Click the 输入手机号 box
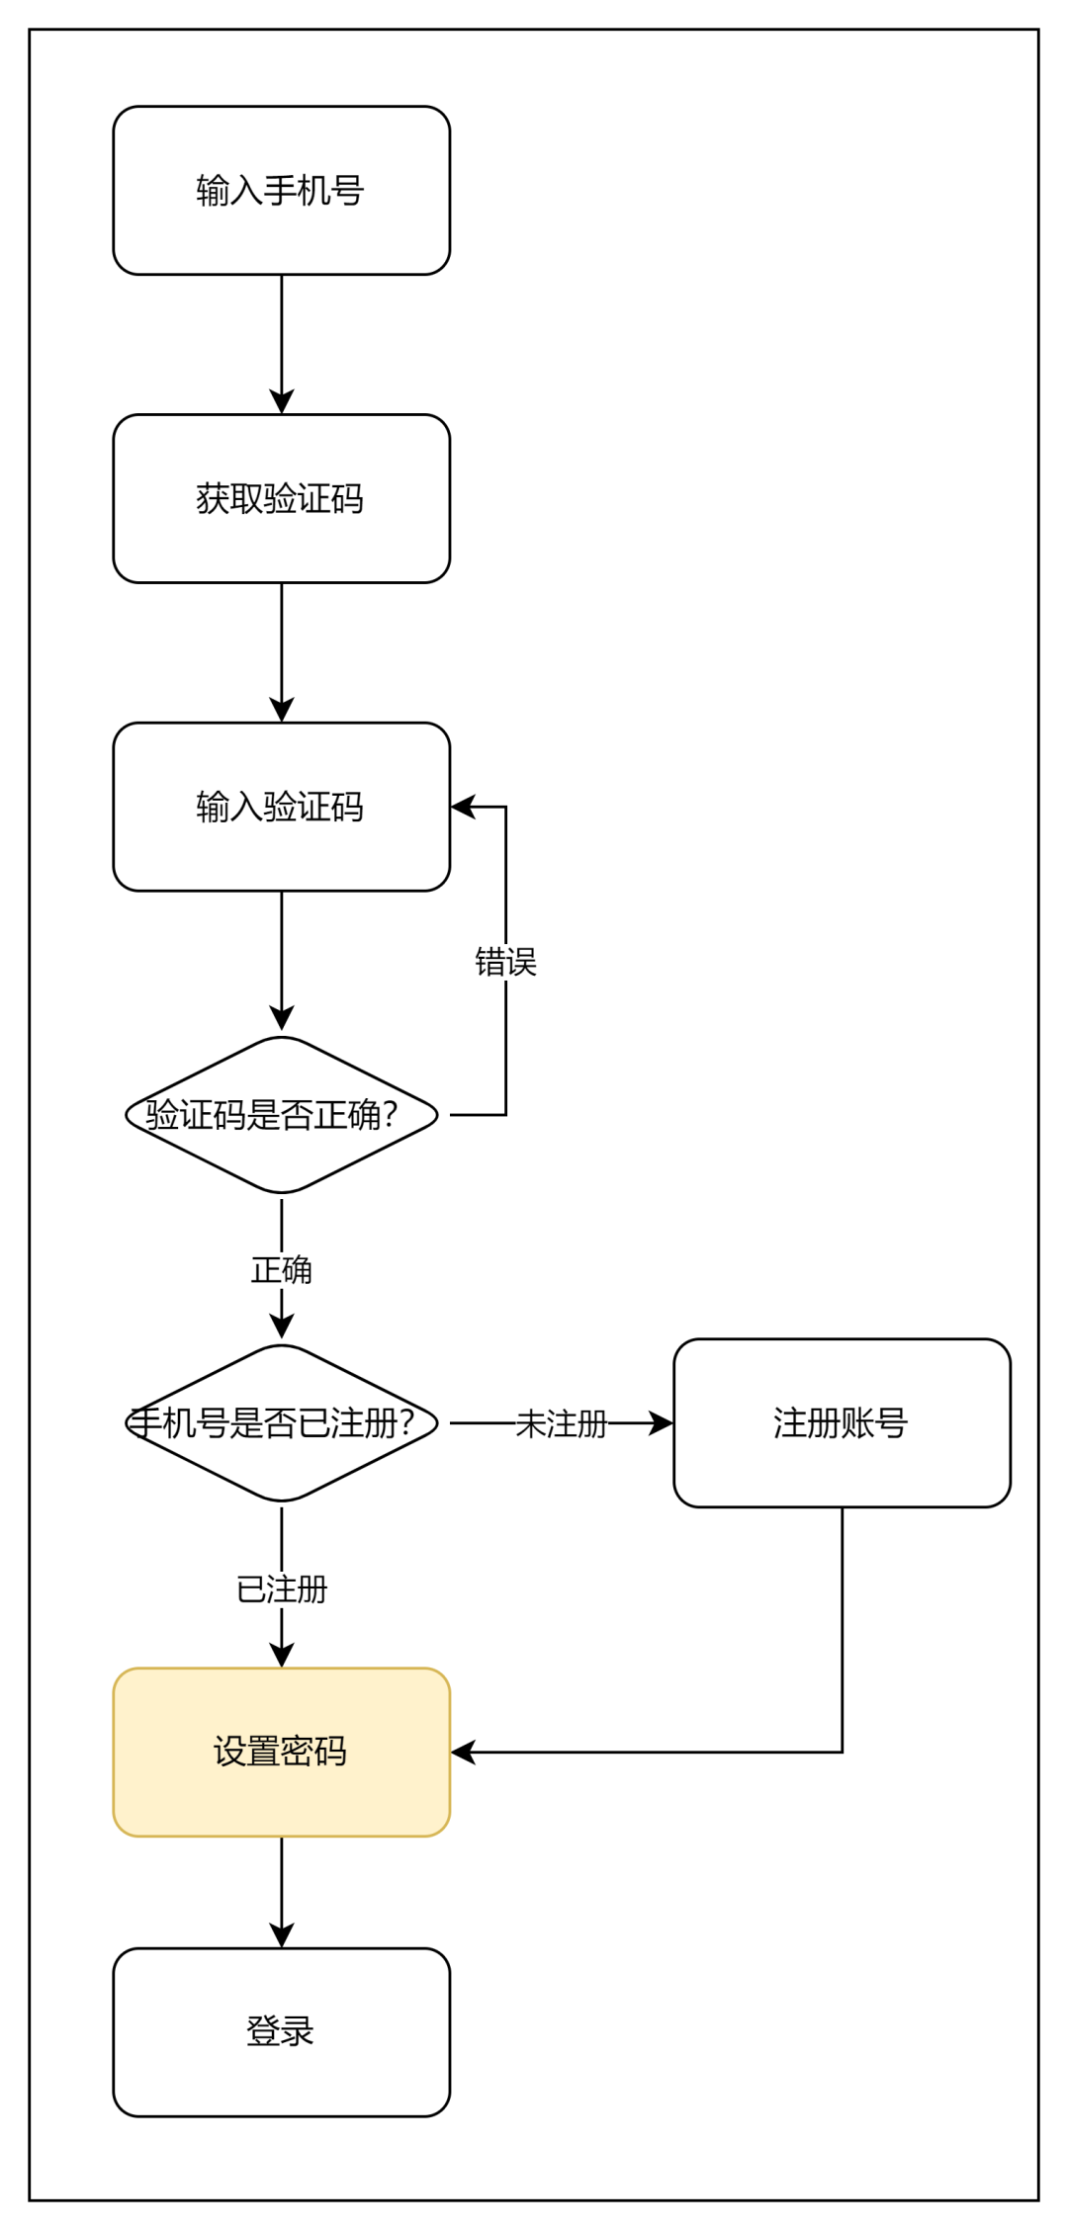[x=282, y=191]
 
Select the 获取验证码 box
[x=282, y=498]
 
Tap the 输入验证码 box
[x=282, y=807]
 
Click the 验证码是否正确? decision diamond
[x=282, y=1115]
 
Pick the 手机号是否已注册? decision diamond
[x=282, y=1423]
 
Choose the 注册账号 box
[x=842, y=1423]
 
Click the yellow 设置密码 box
[x=282, y=1752]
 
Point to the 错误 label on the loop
[x=505, y=962]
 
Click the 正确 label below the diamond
[x=282, y=1270]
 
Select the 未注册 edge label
[x=561, y=1423]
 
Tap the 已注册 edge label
[x=282, y=1589]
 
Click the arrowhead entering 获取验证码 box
[x=282, y=401]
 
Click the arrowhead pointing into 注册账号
[x=661, y=1423]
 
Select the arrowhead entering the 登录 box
[x=282, y=1934]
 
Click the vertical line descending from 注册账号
[x=842, y=1631]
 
